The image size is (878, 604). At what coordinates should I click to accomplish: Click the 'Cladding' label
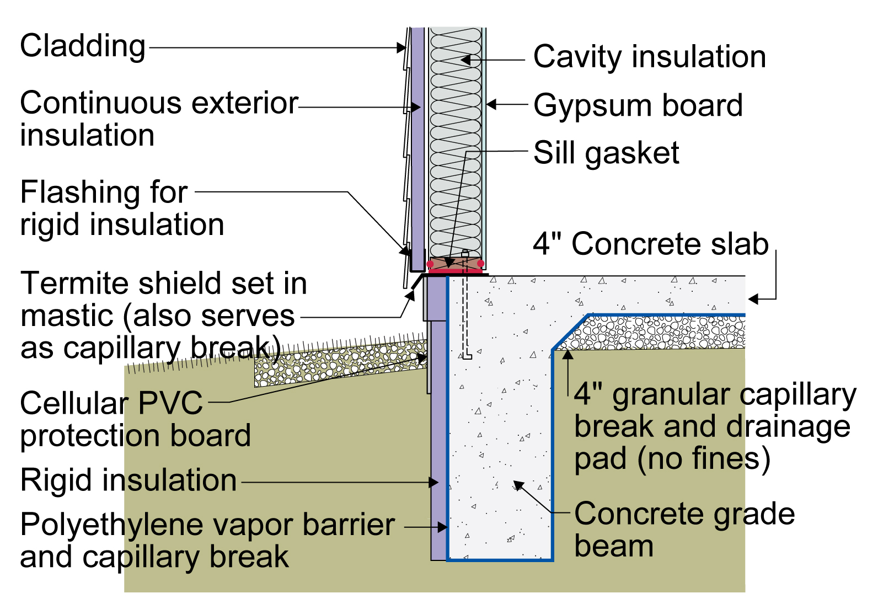pos(83,47)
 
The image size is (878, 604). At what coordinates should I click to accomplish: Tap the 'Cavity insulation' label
pos(650,57)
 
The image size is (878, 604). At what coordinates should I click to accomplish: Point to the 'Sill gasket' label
pos(606,153)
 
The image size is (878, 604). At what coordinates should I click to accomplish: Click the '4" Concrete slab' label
pos(651,244)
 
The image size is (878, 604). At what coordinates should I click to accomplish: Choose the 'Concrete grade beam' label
pos(684,530)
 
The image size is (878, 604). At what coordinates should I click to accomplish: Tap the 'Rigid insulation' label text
pos(129,480)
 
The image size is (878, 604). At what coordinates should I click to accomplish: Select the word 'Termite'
pos(74,283)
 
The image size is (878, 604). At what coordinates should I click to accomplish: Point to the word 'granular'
pos(671,396)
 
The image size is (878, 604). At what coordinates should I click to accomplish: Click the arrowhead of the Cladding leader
pos(401,48)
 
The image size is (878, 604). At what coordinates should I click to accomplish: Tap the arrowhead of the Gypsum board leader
pos(491,105)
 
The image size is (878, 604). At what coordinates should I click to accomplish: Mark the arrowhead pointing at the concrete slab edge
pos(753,299)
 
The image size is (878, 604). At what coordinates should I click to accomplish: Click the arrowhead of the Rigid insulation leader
pos(433,482)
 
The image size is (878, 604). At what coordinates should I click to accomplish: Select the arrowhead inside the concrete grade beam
pos(518,486)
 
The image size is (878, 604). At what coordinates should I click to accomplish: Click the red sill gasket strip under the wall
pos(456,271)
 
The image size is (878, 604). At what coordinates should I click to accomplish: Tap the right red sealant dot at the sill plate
pos(480,264)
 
